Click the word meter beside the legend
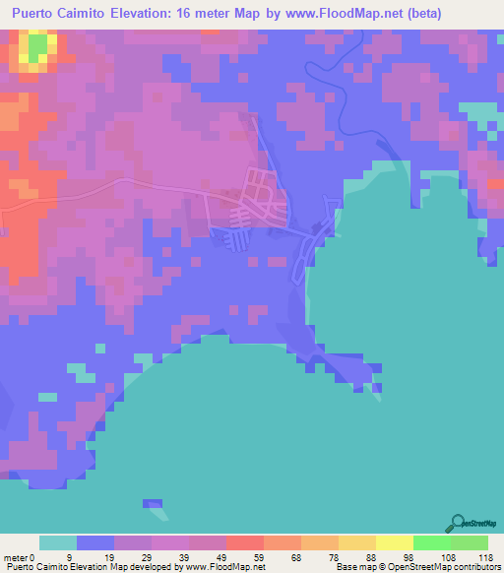[17, 556]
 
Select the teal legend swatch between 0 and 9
[58, 542]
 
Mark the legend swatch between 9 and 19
[95, 542]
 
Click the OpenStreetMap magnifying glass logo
[457, 523]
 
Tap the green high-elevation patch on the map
[36, 49]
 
